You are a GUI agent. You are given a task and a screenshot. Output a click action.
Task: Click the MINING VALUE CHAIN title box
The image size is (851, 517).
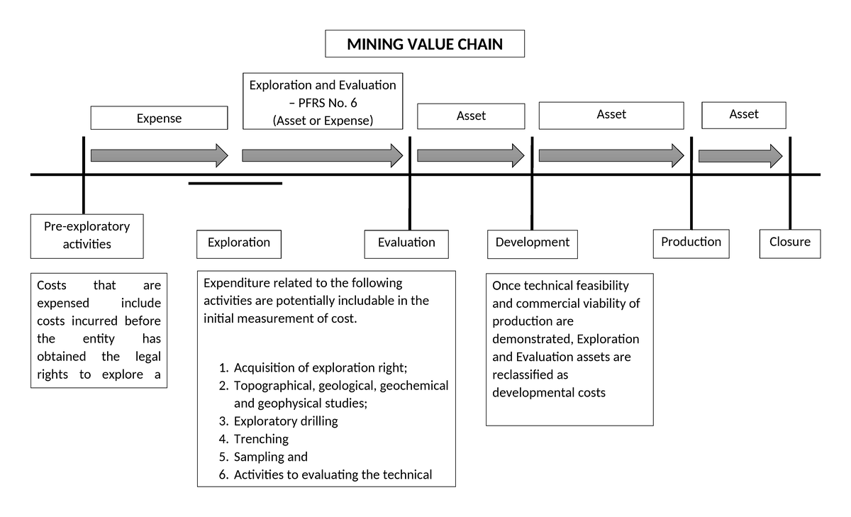click(425, 44)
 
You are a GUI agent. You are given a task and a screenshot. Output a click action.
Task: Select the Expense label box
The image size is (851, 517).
click(159, 118)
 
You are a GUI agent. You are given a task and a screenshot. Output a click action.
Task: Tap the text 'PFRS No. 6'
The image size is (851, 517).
click(328, 103)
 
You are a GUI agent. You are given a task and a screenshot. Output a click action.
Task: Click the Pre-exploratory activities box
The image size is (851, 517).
click(87, 235)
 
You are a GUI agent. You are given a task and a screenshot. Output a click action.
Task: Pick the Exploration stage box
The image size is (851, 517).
click(239, 243)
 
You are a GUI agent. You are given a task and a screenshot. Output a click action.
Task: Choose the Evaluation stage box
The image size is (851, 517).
click(406, 243)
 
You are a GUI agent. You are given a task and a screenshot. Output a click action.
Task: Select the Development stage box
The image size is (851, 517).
click(532, 243)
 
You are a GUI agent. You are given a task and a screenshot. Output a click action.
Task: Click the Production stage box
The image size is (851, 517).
click(691, 243)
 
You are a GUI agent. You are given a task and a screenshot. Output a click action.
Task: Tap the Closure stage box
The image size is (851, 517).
click(789, 243)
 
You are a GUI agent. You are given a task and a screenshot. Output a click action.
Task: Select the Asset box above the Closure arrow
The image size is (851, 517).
click(743, 114)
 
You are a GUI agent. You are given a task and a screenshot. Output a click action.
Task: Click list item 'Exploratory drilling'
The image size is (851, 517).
click(285, 421)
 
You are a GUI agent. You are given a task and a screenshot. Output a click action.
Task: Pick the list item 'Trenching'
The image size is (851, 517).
click(261, 439)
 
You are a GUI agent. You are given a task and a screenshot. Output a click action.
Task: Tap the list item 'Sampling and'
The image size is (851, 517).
click(270, 457)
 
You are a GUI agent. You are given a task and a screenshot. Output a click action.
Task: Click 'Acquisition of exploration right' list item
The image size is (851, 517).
click(321, 368)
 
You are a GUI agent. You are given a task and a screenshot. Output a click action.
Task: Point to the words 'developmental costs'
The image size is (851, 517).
click(548, 392)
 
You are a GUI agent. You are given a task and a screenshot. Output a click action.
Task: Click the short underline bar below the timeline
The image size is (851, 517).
click(235, 183)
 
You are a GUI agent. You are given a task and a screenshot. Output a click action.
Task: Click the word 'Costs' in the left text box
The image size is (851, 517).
click(51, 286)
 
